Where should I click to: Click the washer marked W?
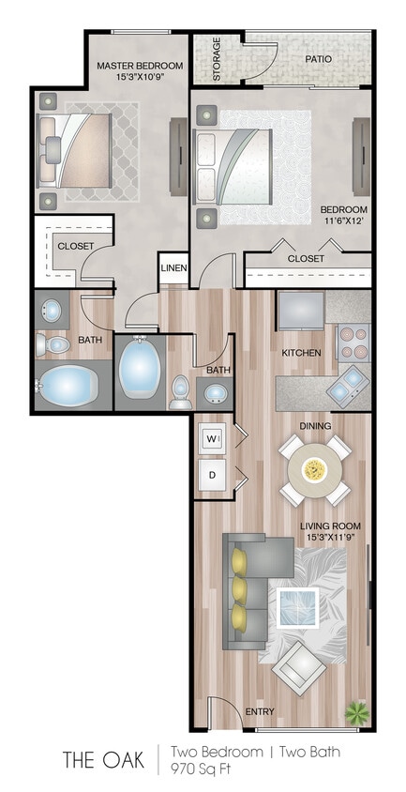tap(211, 438)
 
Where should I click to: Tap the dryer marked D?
tap(212, 475)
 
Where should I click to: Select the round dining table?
tap(315, 468)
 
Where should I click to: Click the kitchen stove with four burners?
tap(353, 343)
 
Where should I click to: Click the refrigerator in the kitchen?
tap(300, 310)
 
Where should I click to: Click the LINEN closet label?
tap(173, 268)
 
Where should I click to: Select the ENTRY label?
tap(260, 711)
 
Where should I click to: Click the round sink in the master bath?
tap(53, 310)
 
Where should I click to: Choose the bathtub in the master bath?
tap(69, 386)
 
